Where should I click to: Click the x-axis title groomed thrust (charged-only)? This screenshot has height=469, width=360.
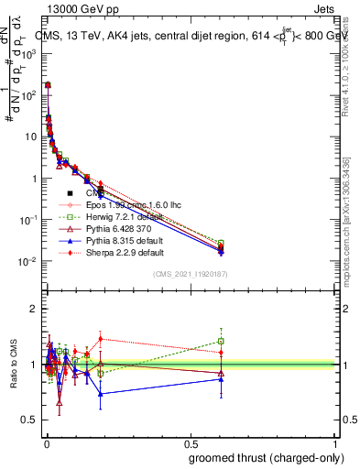262,457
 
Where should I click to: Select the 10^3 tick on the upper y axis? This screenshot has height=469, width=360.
27,54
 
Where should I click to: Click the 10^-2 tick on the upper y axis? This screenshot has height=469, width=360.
27,262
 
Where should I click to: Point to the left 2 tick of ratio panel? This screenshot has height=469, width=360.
34,309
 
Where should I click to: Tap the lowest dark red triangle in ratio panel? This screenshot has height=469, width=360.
59,401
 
